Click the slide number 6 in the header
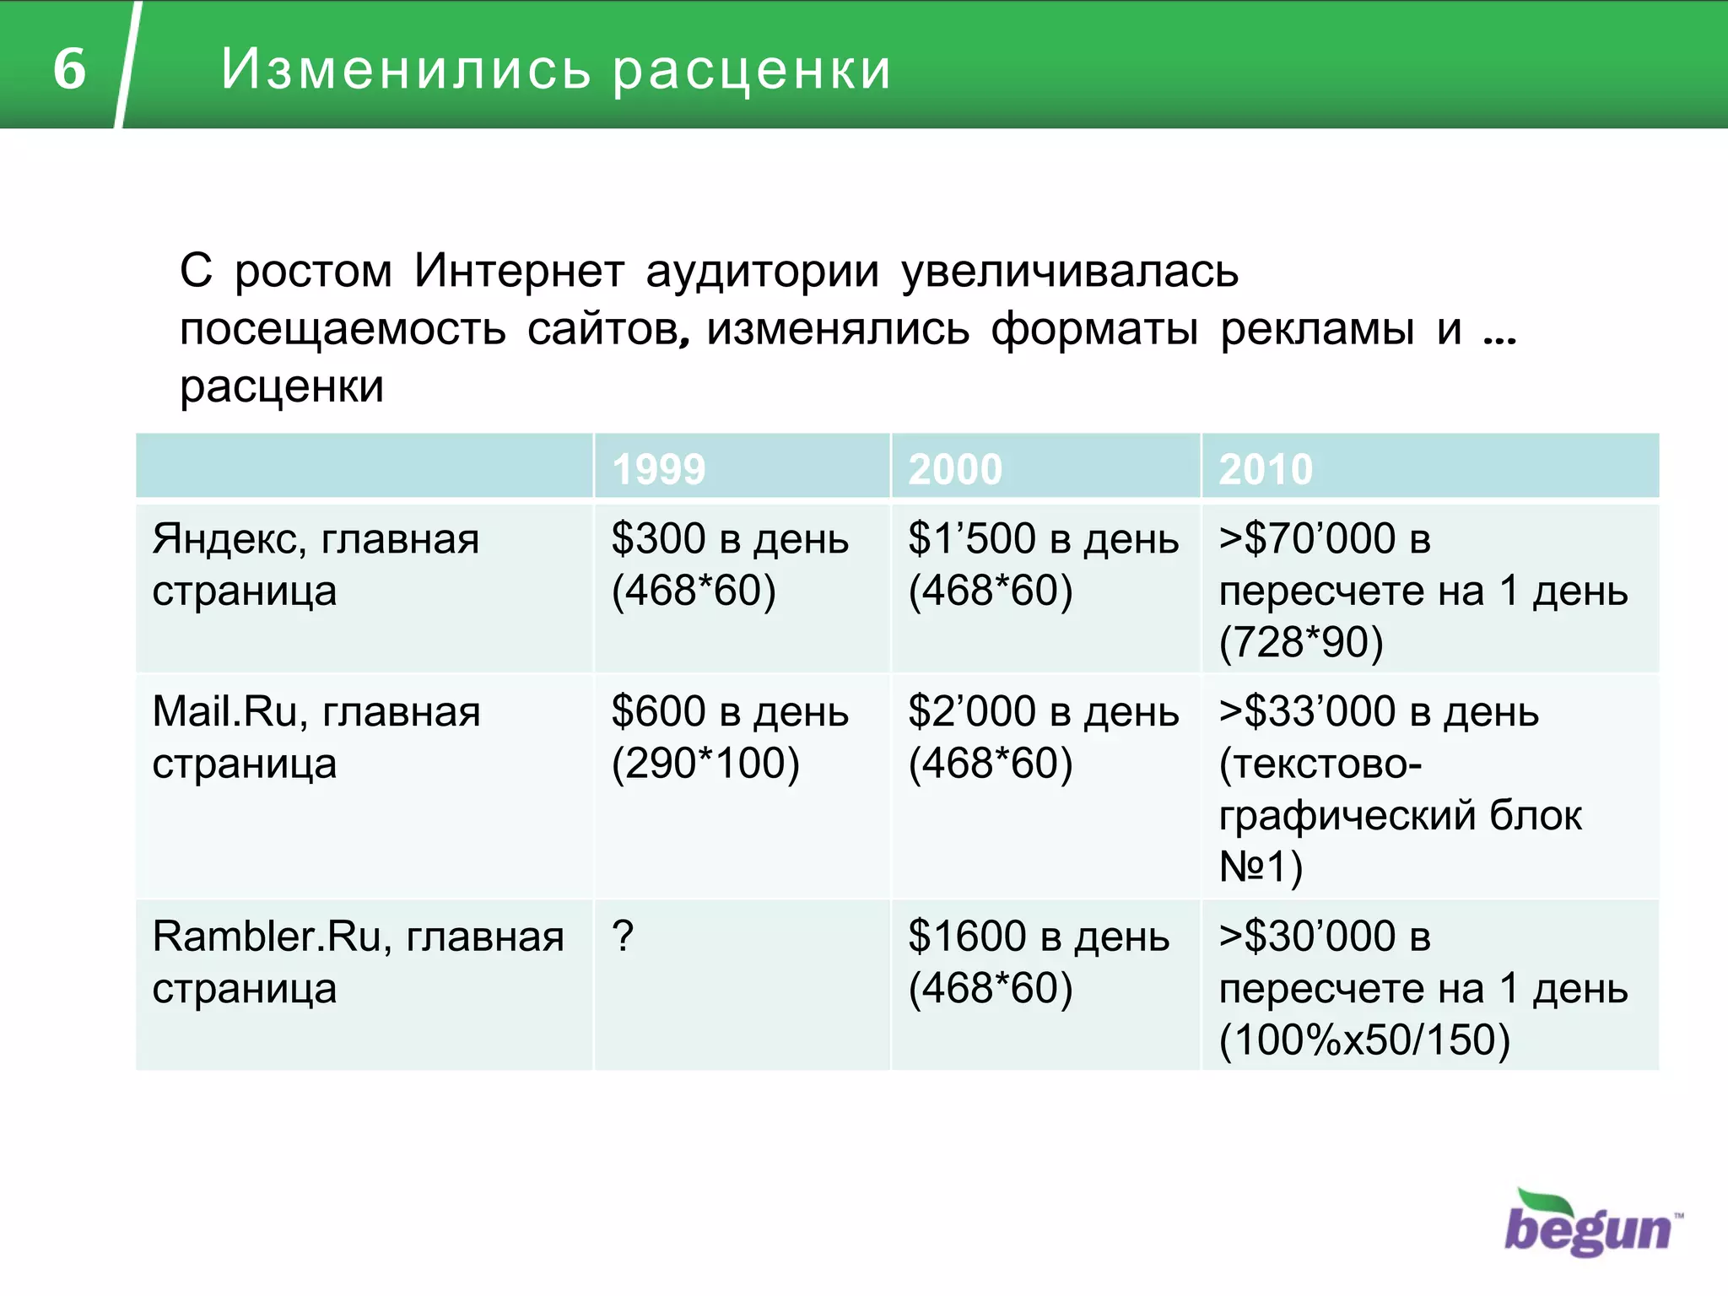coord(69,67)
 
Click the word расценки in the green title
coord(751,69)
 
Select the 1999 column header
coord(658,469)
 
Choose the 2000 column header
coord(955,469)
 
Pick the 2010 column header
coord(1266,469)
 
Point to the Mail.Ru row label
coord(316,737)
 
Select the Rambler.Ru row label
coord(358,962)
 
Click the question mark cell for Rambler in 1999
coord(623,937)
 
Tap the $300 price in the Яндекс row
coord(658,538)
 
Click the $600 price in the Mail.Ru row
coord(658,711)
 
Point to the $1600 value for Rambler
coord(967,937)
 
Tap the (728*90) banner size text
coord(1301,643)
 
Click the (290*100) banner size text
coord(705,764)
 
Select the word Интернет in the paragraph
coord(519,272)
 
